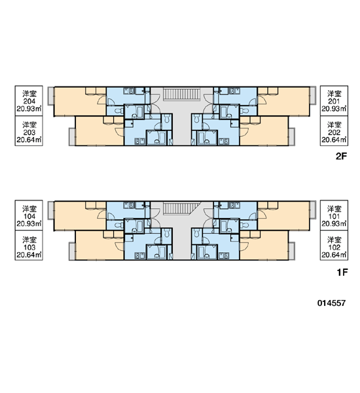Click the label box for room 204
tap(29, 101)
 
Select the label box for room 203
tap(29, 131)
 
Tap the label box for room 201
tap(334, 101)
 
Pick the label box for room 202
tap(334, 131)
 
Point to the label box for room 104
tap(29, 215)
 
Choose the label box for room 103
tap(29, 246)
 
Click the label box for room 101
tap(334, 215)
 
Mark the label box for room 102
tap(334, 246)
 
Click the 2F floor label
tap(342, 157)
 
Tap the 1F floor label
tap(342, 272)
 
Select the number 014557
tap(331, 303)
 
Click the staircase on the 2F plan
tap(182, 94)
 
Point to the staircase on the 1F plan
tap(182, 209)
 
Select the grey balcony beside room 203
tap(72, 137)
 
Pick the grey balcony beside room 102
tap(292, 251)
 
